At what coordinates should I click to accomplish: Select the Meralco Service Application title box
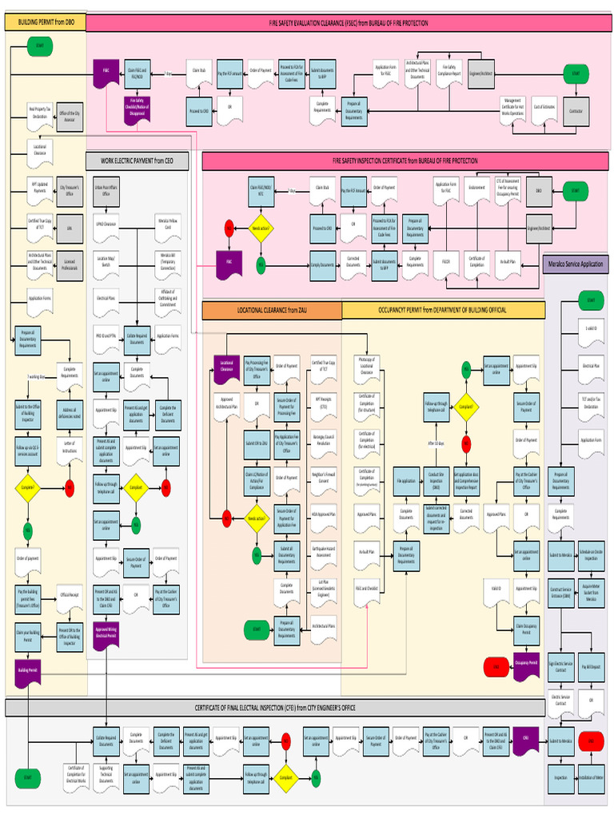click(575, 264)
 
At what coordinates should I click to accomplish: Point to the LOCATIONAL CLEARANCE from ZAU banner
click(272, 309)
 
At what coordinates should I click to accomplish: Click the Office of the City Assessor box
click(69, 116)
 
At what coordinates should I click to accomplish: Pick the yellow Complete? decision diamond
click(27, 486)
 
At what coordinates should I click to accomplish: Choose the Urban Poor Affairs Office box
click(106, 192)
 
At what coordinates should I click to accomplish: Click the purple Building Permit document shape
click(27, 671)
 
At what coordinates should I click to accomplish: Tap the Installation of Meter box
click(591, 776)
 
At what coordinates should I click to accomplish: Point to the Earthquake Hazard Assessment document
click(324, 550)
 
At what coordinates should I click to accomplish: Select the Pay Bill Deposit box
click(591, 665)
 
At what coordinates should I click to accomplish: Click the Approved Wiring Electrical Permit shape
click(106, 633)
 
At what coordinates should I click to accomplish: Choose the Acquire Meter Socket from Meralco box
click(591, 594)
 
